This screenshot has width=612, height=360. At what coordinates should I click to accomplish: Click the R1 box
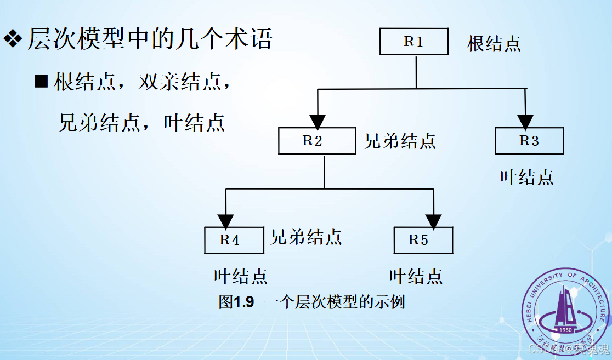(x=414, y=42)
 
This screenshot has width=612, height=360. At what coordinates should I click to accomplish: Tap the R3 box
(x=529, y=141)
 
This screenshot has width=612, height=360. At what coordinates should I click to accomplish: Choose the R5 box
(x=423, y=240)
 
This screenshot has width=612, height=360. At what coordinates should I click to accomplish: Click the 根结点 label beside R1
(x=494, y=43)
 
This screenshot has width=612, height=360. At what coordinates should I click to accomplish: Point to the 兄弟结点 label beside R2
(x=400, y=141)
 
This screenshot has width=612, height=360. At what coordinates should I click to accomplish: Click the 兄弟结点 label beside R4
(x=306, y=237)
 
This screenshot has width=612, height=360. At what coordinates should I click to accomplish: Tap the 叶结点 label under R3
(x=526, y=176)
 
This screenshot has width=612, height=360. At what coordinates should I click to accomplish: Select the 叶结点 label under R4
(x=241, y=276)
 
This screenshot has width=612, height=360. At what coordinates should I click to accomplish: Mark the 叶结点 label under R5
(x=416, y=276)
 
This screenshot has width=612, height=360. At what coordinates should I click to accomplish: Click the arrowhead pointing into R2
(x=318, y=121)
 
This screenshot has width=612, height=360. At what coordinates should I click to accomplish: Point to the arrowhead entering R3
(x=526, y=121)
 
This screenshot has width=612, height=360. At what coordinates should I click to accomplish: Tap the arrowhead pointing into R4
(x=225, y=221)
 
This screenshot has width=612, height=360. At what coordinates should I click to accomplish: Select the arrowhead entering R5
(x=434, y=221)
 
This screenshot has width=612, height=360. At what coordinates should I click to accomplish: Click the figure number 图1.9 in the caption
(x=236, y=302)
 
